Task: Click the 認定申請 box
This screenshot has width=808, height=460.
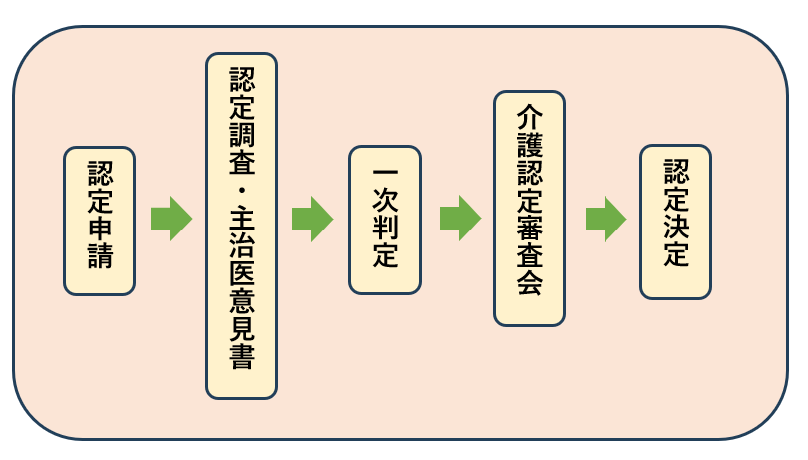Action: [x=99, y=221]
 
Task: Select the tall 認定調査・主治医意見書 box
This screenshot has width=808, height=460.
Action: [x=241, y=226]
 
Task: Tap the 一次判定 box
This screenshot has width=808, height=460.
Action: [x=385, y=220]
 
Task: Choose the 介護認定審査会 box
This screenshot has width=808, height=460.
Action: [x=529, y=208]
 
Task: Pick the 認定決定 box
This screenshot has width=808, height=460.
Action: [x=675, y=222]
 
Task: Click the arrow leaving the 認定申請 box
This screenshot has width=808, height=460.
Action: [x=171, y=219]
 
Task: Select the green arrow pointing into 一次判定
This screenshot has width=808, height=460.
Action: [x=312, y=219]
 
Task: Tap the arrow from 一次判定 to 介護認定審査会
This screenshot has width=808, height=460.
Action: [x=460, y=219]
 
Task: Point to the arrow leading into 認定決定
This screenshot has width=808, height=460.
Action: [x=606, y=219]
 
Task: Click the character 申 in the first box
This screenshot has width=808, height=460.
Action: [x=99, y=233]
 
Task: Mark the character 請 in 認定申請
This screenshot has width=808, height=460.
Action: [x=99, y=261]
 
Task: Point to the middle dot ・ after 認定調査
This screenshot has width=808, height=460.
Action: [x=241, y=189]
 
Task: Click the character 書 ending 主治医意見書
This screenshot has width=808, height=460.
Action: [x=241, y=357]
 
